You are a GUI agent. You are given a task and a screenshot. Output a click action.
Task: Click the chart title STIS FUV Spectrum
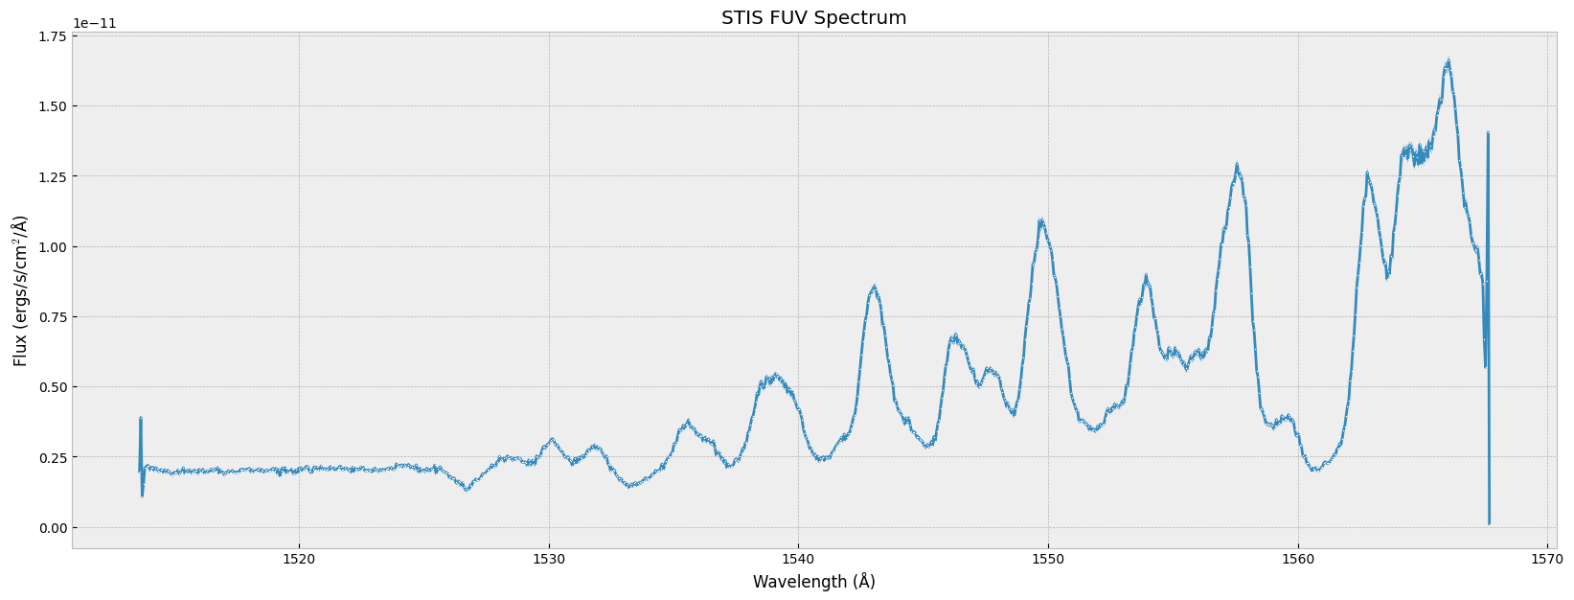813,18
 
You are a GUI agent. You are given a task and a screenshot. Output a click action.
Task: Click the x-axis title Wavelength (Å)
813,582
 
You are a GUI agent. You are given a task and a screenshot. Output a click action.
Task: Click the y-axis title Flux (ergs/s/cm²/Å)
21,290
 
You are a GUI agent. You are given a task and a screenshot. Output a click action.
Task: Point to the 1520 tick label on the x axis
299,559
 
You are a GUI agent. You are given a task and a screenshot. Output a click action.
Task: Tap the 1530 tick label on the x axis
549,559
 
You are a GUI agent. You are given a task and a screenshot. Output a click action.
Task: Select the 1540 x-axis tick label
798,559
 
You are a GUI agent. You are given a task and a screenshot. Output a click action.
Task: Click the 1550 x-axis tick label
1048,559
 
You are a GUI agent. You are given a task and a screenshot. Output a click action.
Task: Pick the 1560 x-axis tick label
1298,559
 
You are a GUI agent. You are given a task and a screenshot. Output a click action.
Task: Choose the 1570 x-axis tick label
1547,559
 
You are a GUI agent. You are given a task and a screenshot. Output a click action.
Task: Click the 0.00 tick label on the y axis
53,528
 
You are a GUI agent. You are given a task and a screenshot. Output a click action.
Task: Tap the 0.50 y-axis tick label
53,387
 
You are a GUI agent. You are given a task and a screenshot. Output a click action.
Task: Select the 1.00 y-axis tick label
53,247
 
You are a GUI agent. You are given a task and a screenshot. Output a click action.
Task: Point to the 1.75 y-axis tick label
53,36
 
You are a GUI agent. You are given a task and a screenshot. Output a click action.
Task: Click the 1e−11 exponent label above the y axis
95,24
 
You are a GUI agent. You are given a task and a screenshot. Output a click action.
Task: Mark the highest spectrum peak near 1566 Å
1448,62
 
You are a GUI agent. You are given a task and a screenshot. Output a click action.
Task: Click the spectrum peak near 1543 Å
874,287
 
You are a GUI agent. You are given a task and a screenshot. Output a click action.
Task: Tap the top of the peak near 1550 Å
1041,221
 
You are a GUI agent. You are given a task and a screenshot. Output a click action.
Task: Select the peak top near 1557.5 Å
1237,167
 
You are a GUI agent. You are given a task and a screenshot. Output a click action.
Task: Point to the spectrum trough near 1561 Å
1315,470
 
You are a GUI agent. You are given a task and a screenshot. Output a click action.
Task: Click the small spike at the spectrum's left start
140,419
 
